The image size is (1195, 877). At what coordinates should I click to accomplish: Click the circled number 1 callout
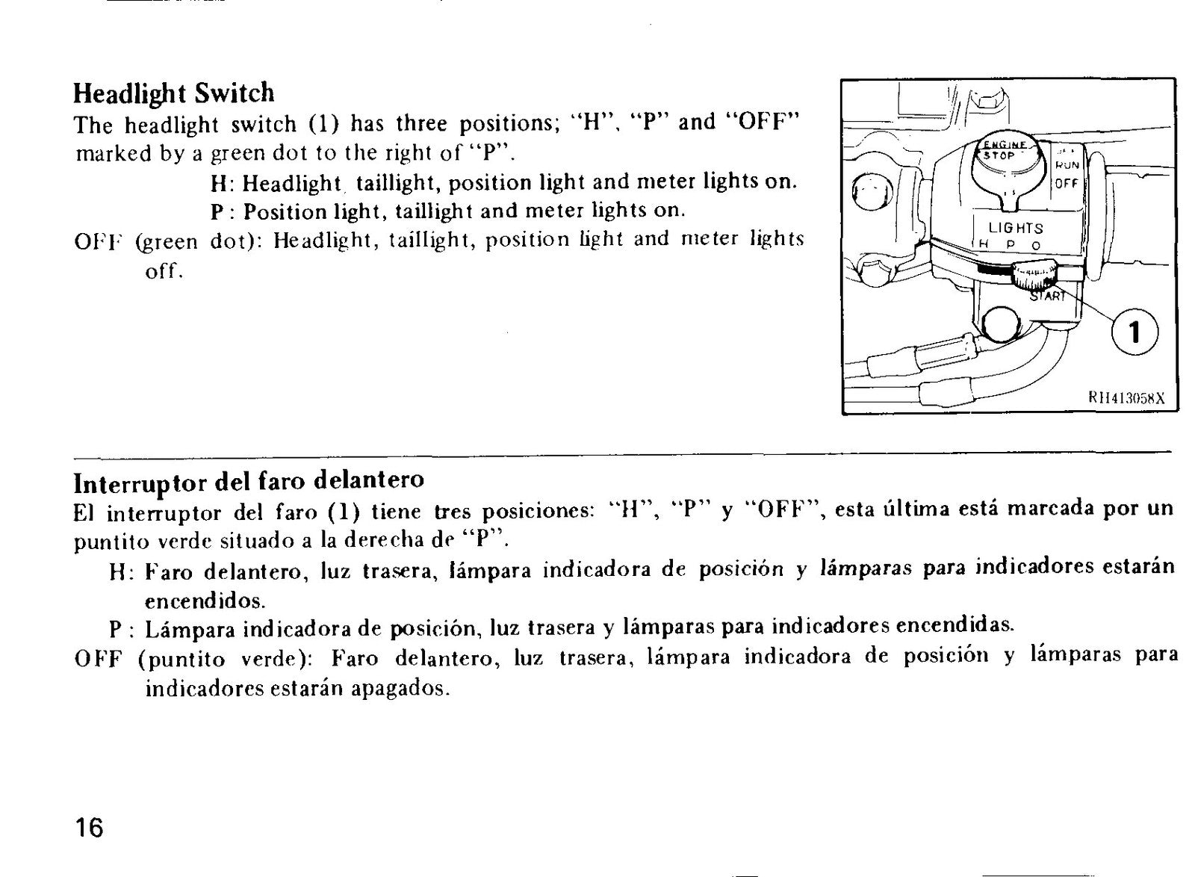coord(1135,333)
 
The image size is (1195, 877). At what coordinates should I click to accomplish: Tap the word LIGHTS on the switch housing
coord(1016,229)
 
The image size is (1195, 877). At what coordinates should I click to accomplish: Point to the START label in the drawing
coord(1046,296)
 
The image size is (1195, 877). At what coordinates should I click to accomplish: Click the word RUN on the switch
coord(1067,165)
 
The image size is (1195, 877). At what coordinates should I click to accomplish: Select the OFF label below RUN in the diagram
coord(1067,184)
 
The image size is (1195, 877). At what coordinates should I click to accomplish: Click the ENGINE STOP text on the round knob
coord(1004,150)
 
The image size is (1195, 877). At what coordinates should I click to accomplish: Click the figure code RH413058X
coord(1126,398)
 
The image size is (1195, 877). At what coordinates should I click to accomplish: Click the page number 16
coord(89,828)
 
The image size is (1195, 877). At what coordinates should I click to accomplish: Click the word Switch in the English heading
coord(235,93)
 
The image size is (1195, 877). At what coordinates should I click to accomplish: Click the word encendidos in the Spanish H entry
coord(205,601)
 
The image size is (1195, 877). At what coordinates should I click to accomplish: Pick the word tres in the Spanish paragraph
coord(453,512)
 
